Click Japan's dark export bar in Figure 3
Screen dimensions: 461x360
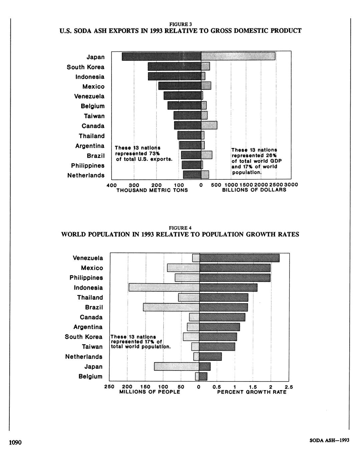tap(162, 56)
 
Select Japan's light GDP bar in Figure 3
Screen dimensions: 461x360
tap(238, 56)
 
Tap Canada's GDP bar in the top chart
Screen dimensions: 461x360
tap(209, 125)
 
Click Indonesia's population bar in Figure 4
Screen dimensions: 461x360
tap(164, 287)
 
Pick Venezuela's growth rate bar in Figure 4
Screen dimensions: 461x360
tap(239, 258)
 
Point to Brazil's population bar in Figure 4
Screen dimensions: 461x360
tap(171, 307)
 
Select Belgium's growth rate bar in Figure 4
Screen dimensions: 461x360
tap(203, 376)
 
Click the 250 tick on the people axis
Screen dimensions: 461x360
tap(110, 387)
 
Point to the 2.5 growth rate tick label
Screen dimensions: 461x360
tap(289, 387)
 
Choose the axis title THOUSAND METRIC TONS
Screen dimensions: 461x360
tap(152, 190)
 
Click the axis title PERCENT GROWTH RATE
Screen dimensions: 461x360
tap(252, 392)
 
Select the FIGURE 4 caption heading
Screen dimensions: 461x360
tap(180, 228)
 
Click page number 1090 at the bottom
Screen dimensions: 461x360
tap(15, 443)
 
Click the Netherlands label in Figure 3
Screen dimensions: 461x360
tap(86, 175)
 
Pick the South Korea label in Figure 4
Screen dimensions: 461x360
tap(83, 337)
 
